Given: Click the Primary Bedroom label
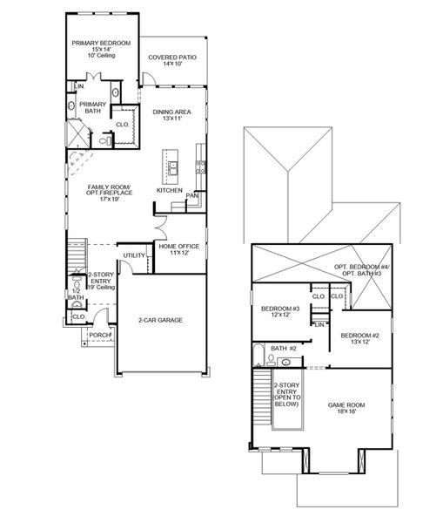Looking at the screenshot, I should tap(102, 48).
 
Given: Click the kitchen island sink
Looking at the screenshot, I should tap(172, 166).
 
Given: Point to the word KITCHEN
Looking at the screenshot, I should tap(169, 189).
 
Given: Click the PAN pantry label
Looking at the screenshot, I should tap(191, 196).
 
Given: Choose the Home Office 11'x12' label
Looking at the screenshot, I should tap(178, 250).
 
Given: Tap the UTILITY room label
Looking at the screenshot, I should tap(134, 255).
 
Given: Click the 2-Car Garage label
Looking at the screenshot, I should tap(160, 320).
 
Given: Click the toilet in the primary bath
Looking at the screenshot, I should tap(104, 139).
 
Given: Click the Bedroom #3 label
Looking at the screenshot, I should tap(280, 311).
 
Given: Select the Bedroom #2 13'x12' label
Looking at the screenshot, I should tap(359, 339).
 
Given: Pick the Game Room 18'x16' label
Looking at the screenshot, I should tap(344, 408).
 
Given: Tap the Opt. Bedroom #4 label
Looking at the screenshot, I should tap(363, 270).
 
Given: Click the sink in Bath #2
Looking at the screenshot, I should tap(286, 361).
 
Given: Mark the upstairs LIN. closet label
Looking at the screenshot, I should tap(319, 324).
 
